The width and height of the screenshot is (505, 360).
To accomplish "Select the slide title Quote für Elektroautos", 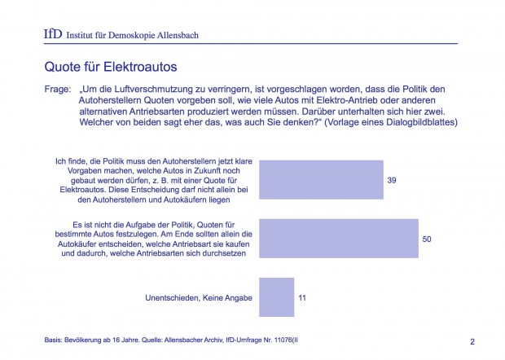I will [111, 64].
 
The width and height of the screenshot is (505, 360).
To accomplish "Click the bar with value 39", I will [320, 179].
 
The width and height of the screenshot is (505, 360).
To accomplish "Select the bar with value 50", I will [338, 238].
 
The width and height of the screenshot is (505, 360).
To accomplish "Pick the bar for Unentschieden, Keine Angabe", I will [276, 297].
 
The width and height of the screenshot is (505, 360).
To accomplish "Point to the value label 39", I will [392, 179].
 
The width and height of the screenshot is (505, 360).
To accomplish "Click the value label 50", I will [428, 238].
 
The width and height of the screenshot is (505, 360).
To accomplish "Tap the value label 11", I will [302, 298].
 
